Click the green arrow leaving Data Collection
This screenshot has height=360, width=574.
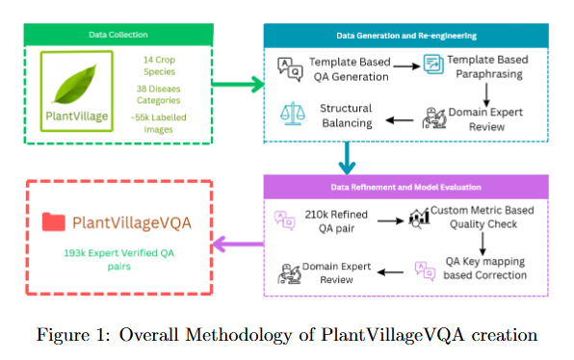click(x=237, y=86)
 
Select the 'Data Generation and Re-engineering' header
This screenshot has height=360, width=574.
click(x=405, y=36)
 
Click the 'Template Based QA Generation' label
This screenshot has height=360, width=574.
click(x=347, y=68)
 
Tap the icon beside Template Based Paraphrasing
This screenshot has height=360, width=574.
click(x=432, y=67)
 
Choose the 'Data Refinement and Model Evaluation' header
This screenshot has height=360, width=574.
click(x=405, y=187)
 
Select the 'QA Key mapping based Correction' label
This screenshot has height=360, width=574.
click(x=486, y=269)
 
